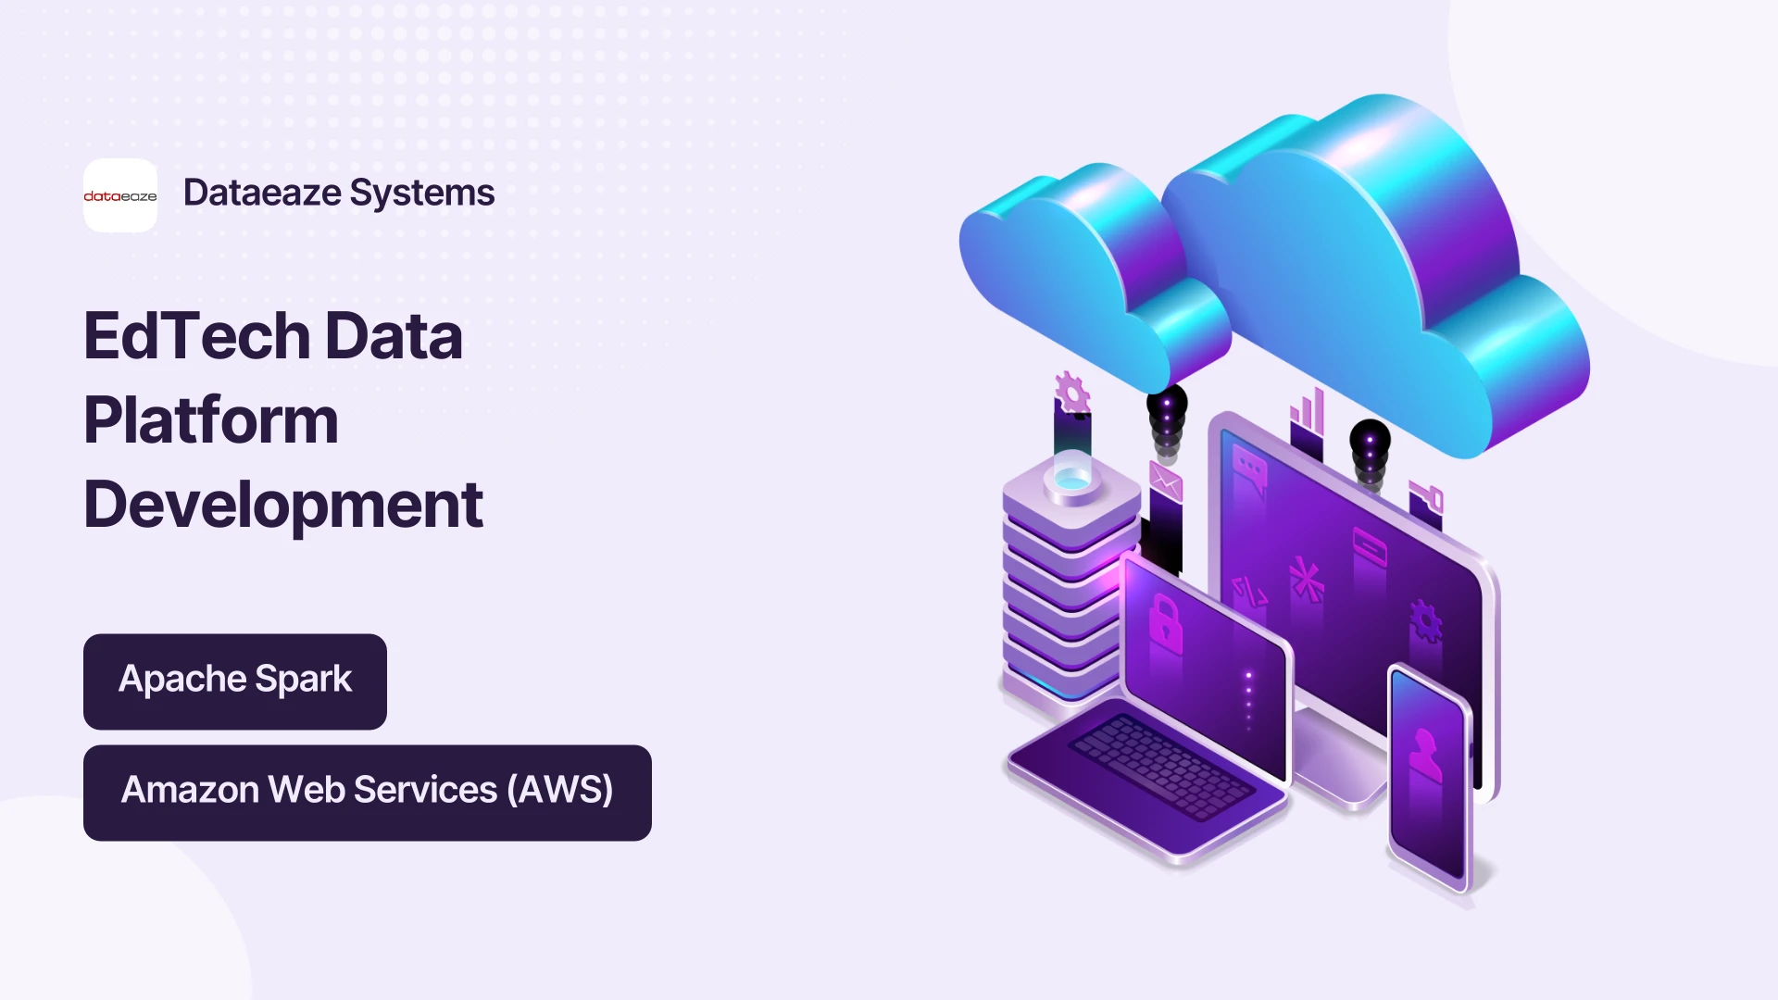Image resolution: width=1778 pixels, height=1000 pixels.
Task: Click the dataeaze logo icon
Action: [120, 195]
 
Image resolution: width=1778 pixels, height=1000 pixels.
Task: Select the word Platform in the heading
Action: [211, 420]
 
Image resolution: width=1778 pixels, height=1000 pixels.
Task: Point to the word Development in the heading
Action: [283, 506]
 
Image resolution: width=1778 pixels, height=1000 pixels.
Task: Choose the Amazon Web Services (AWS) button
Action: [368, 793]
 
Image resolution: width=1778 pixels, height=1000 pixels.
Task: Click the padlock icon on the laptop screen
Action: [1166, 624]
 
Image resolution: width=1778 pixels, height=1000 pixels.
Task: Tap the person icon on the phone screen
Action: [1425, 754]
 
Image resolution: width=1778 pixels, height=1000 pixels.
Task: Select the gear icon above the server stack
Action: [1072, 393]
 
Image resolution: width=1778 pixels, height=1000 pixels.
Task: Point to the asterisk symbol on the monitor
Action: [1307, 580]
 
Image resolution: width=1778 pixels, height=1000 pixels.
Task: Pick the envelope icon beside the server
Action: [1166, 481]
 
